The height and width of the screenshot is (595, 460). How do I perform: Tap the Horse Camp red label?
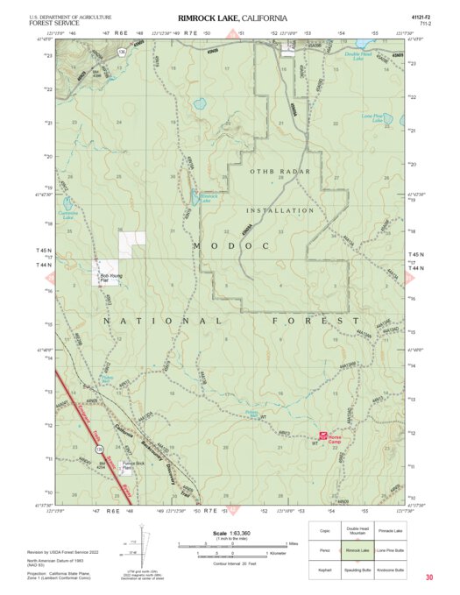coord(338,438)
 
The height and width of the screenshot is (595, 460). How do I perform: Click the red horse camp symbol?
coord(323,436)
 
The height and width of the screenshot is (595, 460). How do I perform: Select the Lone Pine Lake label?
coord(373,118)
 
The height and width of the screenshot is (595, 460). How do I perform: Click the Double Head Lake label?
coord(358,56)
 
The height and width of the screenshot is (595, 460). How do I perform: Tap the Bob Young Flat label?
coord(111,278)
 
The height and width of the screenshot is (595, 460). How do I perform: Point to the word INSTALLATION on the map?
coord(280,210)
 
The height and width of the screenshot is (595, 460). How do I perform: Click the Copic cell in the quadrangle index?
coord(325,530)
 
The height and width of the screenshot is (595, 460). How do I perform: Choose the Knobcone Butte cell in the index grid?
coord(391,570)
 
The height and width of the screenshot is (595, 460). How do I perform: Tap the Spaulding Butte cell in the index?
coord(357,570)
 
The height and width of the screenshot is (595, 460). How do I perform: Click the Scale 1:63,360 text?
coord(226,533)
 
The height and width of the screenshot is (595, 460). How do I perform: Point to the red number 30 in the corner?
coord(429,577)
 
